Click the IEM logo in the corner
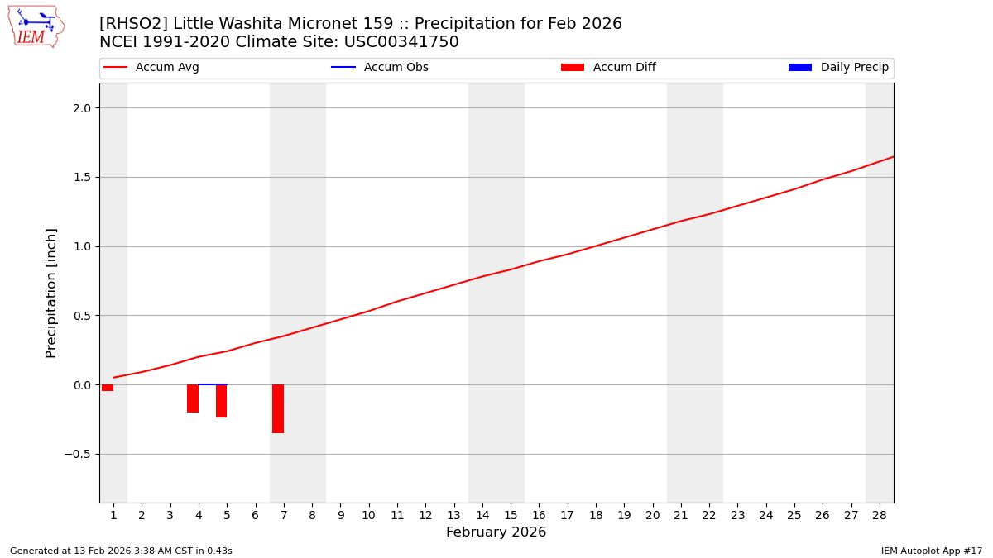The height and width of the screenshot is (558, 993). pyautogui.click(x=36, y=26)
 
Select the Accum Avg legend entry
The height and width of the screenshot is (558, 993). pyautogui.click(x=151, y=68)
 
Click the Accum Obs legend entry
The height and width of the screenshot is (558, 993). pyautogui.click(x=380, y=68)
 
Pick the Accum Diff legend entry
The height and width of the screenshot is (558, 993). pyautogui.click(x=608, y=68)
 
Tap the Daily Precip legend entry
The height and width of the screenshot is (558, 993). pyautogui.click(x=838, y=68)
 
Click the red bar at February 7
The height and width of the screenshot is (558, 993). pyautogui.click(x=278, y=408)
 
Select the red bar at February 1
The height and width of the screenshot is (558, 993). pyautogui.click(x=108, y=388)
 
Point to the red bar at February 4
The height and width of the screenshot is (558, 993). pyautogui.click(x=193, y=398)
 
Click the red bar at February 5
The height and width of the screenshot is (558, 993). pyautogui.click(x=221, y=401)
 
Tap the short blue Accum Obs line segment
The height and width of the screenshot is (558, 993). pyautogui.click(x=213, y=384)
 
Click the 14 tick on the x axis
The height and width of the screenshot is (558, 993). pyautogui.click(x=482, y=515)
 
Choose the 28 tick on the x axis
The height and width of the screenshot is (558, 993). pyautogui.click(x=880, y=515)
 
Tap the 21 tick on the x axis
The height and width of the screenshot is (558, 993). pyautogui.click(x=681, y=515)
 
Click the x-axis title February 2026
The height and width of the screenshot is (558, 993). pyautogui.click(x=496, y=532)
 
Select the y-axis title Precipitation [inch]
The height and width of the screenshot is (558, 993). pyautogui.click(x=51, y=293)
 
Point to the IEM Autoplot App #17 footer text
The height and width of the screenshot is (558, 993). pyautogui.click(x=931, y=551)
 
